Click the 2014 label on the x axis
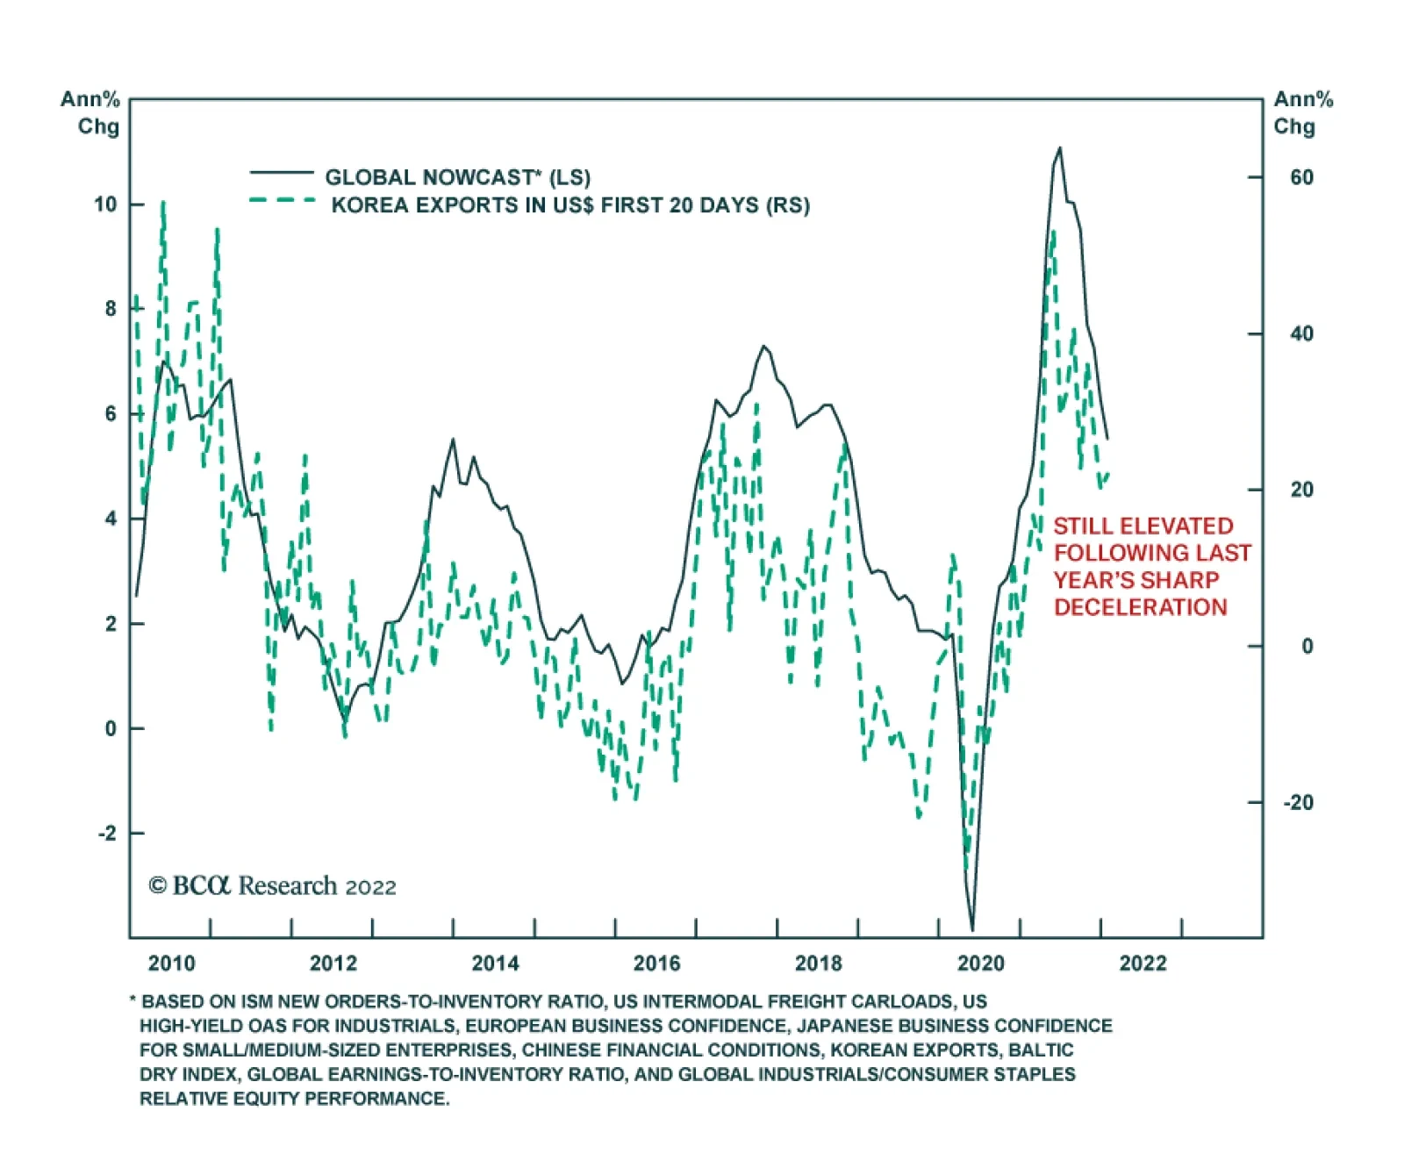point(495,963)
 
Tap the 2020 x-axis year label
point(980,963)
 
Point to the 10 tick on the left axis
point(105,204)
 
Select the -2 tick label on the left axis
point(106,833)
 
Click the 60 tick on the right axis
point(1301,177)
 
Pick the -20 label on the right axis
point(1298,802)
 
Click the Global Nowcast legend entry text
point(457,177)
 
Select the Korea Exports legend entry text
point(570,205)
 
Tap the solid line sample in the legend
point(281,173)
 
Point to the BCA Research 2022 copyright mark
point(272,886)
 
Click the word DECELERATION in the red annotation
point(1140,607)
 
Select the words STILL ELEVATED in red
point(1143,526)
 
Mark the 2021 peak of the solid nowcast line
point(1060,148)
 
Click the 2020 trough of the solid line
point(972,928)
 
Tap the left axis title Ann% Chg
point(90,112)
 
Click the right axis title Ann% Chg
point(1302,112)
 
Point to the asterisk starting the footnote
point(133,999)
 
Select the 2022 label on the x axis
point(1143,963)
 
